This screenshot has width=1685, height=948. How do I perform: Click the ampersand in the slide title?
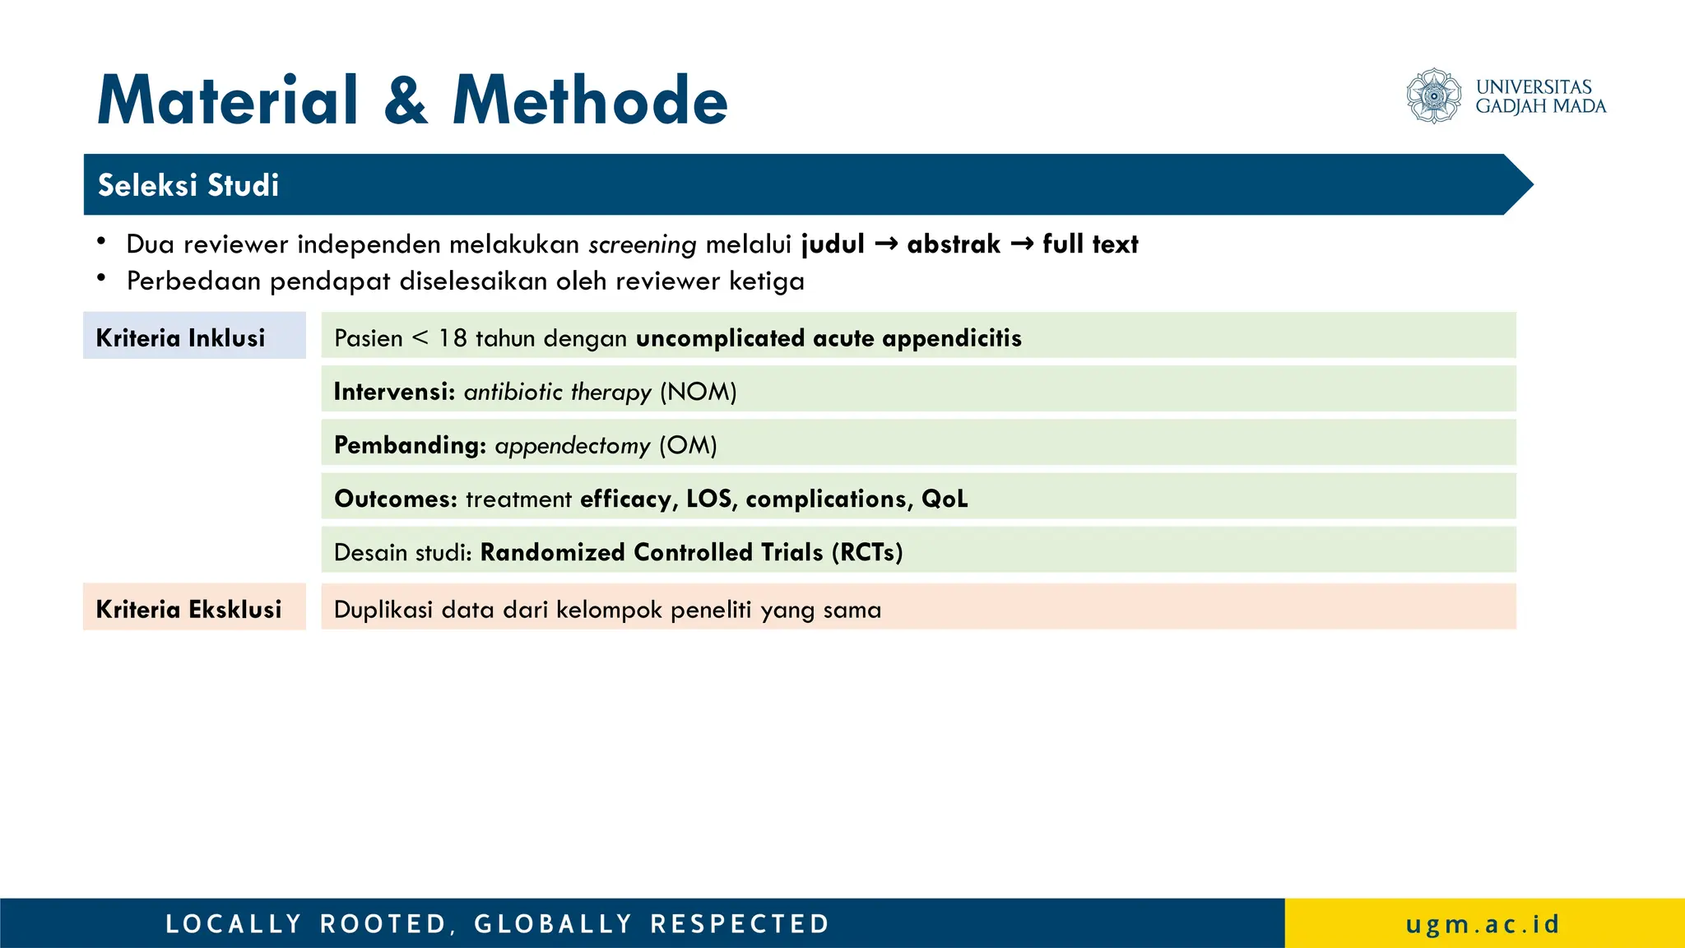point(406,100)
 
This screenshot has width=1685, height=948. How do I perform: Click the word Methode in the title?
point(590,100)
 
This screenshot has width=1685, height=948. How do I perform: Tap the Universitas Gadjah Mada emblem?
point(1433,96)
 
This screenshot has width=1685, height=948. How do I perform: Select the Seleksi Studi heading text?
point(188,185)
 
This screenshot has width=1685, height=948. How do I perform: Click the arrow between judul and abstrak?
point(885,244)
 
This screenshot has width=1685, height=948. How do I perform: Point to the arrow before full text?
point(1021,244)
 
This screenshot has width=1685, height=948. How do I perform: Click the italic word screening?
point(642,244)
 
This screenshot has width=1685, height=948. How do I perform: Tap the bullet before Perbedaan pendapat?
point(101,279)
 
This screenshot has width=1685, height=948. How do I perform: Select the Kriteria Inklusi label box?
point(194,336)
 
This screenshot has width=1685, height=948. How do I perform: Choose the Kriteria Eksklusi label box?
point(194,607)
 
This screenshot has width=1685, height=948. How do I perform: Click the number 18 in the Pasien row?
point(452,338)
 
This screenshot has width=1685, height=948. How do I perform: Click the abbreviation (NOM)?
point(698,392)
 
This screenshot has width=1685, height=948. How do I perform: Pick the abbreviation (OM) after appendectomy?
point(688,445)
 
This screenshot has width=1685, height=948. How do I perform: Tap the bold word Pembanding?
point(410,445)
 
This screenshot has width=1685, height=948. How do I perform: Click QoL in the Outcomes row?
point(945,499)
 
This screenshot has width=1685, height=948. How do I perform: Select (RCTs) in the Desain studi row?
point(867,552)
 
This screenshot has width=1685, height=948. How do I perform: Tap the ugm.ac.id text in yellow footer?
point(1483,923)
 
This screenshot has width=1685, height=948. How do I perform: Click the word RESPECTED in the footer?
point(740,923)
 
